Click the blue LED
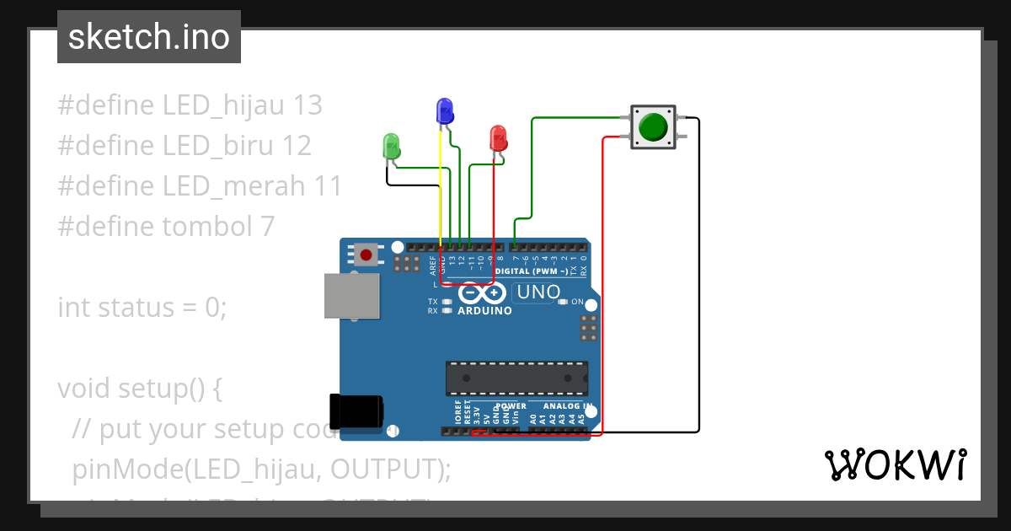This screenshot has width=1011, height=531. [444, 110]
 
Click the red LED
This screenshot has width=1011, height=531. [498, 137]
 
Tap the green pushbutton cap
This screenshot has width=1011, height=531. [652, 127]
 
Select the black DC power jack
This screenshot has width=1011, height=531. [356, 410]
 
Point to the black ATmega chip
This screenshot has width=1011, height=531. [516, 378]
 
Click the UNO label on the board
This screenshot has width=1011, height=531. [538, 292]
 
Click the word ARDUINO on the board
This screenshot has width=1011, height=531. [484, 311]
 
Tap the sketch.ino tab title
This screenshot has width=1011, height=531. [149, 37]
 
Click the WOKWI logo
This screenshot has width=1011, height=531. [895, 465]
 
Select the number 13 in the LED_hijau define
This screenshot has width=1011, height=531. [308, 105]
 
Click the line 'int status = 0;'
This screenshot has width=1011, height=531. [142, 307]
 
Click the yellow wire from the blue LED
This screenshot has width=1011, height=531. [441, 185]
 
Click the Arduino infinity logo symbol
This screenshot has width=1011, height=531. [483, 292]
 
